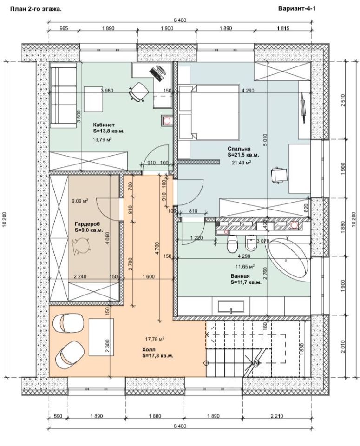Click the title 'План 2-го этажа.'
36,9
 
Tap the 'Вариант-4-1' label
297,8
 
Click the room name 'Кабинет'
104,125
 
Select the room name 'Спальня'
239,149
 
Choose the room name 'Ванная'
240,276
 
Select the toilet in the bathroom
232,244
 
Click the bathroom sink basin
231,307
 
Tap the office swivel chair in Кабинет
139,92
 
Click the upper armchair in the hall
69,323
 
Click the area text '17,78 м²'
155,339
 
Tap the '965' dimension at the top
64,28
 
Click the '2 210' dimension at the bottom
277,416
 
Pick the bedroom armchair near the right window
280,175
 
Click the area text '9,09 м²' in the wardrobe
80,201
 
